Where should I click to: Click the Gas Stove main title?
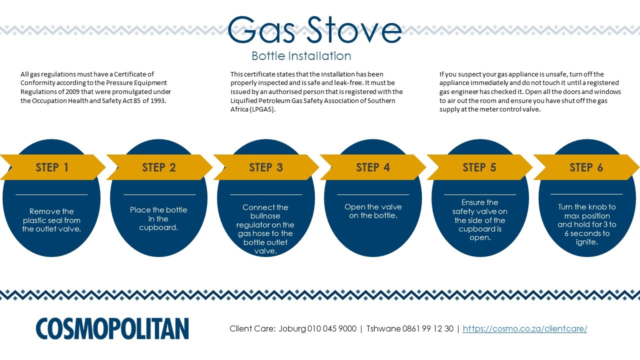coord(314,29)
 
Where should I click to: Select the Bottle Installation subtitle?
coord(301,56)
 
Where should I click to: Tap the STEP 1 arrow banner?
coord(52,167)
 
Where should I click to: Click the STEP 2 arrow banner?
coord(159,167)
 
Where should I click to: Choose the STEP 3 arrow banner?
coord(266,167)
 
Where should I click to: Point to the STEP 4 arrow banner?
coord(373,167)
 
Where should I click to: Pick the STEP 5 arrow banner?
coord(479,167)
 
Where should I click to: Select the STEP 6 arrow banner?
coord(586,167)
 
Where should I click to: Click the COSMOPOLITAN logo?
coord(112,328)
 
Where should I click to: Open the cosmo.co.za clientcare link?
coord(525,328)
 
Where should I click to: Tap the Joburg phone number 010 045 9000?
coord(331,328)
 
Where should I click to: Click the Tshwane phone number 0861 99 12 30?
coord(427,328)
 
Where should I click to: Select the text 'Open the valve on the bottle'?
coord(373,211)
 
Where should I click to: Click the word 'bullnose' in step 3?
coord(265,215)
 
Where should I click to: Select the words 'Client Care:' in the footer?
coord(252,328)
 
